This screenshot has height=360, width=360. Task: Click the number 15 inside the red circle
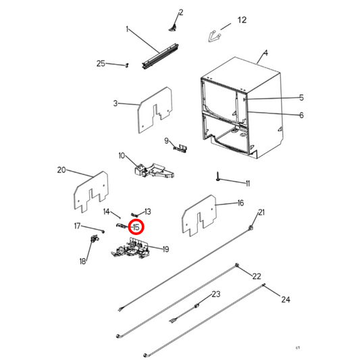(x=136, y=228)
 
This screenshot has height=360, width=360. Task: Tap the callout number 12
(x=242, y=20)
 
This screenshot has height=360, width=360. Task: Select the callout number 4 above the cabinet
(x=265, y=53)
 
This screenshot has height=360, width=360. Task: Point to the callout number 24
(x=286, y=299)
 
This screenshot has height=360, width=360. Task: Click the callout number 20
(x=61, y=170)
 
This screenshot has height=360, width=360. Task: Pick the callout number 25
(x=101, y=63)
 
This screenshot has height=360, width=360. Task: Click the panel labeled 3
(x=155, y=109)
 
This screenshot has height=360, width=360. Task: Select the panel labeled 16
(x=199, y=215)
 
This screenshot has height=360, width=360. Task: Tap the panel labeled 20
(x=91, y=192)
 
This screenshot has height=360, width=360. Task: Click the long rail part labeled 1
(x=160, y=56)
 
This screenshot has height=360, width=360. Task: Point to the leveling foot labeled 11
(x=217, y=176)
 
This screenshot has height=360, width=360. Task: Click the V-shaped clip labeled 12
(x=214, y=36)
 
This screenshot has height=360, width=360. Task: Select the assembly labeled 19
(x=130, y=249)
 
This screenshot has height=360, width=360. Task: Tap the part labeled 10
(x=154, y=171)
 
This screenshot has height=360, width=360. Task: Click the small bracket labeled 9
(x=180, y=148)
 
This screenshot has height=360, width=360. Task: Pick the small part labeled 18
(x=95, y=238)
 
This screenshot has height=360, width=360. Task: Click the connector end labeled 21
(x=251, y=227)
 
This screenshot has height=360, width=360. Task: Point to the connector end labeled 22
(x=237, y=265)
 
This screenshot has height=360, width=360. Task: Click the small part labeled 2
(x=173, y=28)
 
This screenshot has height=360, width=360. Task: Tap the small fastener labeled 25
(x=127, y=66)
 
